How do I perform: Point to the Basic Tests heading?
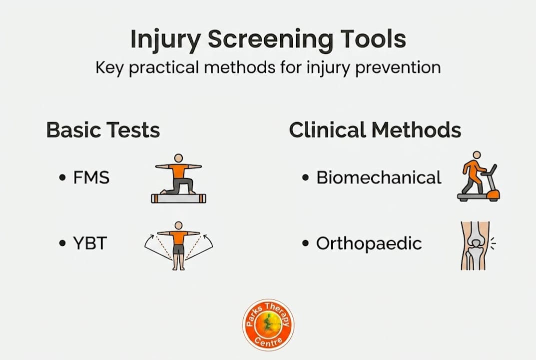pos(103,130)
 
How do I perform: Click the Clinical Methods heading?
pos(375,130)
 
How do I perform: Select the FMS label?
pos(91,177)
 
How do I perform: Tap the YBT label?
pos(90,243)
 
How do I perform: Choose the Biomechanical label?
pos(379,177)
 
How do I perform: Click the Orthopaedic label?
pos(369,243)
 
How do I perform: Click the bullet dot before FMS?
pos(62,178)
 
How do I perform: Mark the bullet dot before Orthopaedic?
pos(305,244)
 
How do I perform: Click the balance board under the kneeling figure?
pos(178,198)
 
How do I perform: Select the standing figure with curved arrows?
pos(178,245)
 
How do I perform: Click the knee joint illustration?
pos(475,245)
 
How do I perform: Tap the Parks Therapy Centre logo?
pos(268,324)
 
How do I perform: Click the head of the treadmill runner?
pos(477,155)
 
